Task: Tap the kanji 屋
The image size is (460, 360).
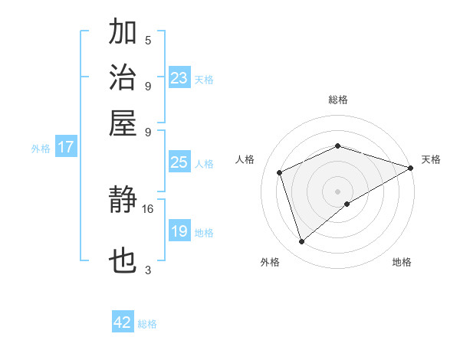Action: point(123,123)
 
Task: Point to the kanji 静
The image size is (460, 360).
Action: point(123,201)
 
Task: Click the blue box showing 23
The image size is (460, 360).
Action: point(179,78)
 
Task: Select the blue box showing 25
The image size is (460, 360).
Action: point(179,162)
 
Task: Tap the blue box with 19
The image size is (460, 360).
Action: point(179,231)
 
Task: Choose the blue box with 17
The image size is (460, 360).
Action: point(65,147)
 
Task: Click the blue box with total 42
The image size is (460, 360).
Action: point(123,322)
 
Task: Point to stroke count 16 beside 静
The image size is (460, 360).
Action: point(148,208)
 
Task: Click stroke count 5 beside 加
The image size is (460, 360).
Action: point(148,40)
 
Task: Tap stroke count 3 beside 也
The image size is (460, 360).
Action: point(148,270)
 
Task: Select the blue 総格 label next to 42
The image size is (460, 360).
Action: point(147,324)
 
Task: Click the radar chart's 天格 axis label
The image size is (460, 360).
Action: point(431,159)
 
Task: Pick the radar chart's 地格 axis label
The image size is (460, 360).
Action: point(402,262)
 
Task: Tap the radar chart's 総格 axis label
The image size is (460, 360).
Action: point(338,100)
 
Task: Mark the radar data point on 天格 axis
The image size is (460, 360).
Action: point(411,168)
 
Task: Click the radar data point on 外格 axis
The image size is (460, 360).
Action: point(301,242)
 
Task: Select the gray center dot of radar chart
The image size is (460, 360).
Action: point(338,191)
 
